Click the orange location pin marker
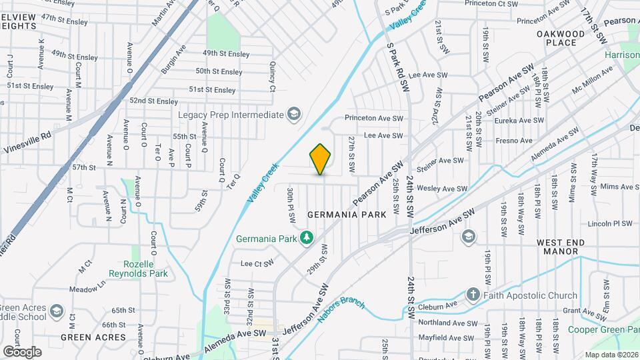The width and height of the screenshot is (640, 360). click(321, 159)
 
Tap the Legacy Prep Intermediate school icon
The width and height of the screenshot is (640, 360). click(293, 115)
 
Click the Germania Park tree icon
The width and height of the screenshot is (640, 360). click(307, 238)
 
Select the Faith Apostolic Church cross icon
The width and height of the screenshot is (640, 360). click(473, 295)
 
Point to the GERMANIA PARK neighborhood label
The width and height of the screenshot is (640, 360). click(347, 215)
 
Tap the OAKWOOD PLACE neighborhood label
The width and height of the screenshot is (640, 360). click(561, 37)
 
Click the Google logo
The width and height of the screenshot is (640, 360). click(22, 351)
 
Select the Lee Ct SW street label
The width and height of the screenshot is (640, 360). click(257, 263)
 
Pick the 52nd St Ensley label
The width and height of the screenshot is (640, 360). click(154, 101)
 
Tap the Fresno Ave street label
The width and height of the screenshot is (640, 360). click(514, 141)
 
